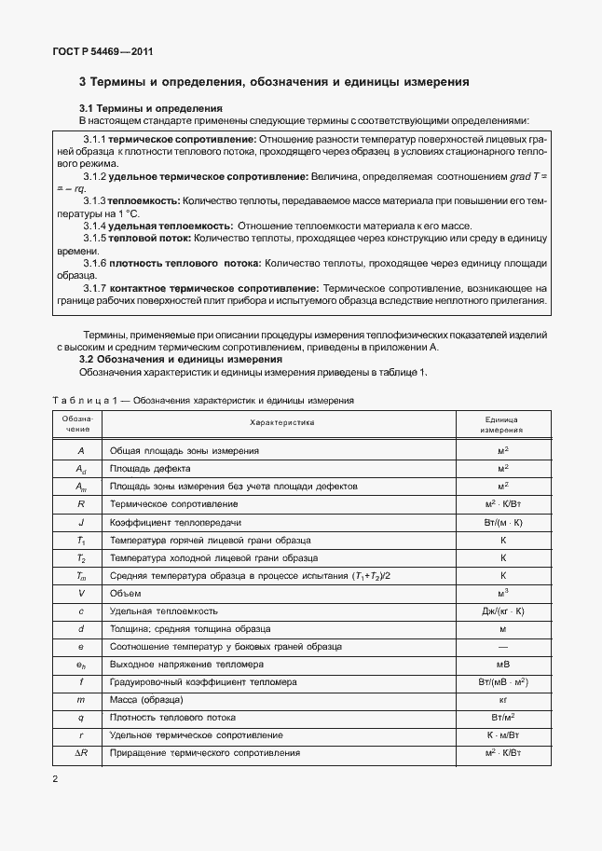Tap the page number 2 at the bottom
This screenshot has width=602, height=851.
coord(56,778)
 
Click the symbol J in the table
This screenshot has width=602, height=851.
coord(82,522)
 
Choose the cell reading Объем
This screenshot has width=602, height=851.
coord(126,593)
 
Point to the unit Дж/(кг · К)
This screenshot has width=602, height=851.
coord(502,611)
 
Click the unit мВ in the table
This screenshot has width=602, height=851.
coord(502,665)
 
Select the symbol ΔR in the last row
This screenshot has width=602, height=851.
coord(81,753)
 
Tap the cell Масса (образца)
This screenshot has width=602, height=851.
coord(146,699)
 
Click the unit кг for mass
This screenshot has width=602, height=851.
coord(502,699)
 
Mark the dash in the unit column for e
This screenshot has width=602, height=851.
coord(502,646)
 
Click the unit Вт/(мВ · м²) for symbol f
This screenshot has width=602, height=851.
coord(502,682)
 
